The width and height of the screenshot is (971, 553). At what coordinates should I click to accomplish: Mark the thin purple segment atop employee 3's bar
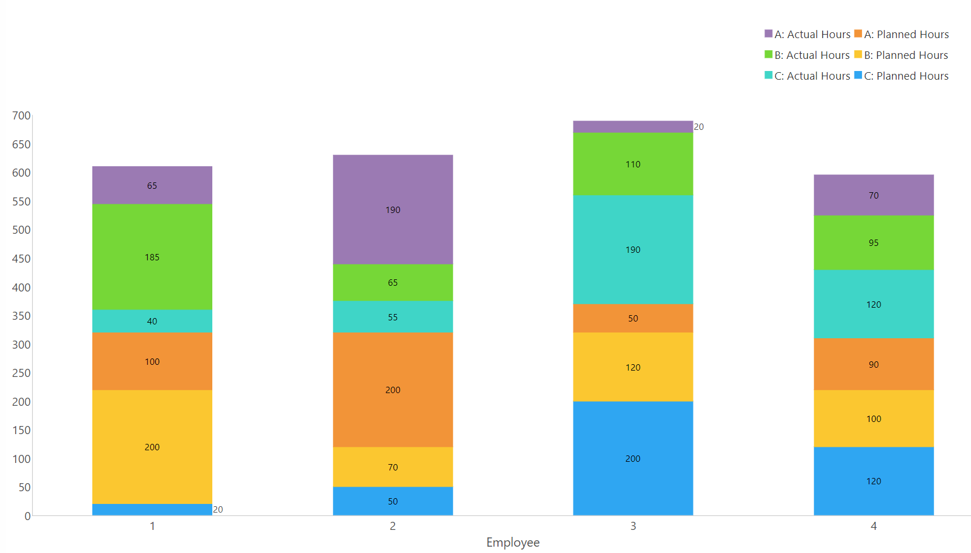(632, 127)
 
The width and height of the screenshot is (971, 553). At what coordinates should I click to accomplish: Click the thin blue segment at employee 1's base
(152, 510)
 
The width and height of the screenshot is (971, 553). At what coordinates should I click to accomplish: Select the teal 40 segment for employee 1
(152, 315)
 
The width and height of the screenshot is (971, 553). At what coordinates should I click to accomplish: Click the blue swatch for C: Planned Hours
(858, 75)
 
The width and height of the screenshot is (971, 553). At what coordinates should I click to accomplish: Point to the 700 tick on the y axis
(21, 115)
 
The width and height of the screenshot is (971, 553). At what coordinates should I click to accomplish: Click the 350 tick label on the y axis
(21, 316)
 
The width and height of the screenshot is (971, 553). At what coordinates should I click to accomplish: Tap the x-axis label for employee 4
(873, 526)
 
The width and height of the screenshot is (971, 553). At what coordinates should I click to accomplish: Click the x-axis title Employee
(513, 543)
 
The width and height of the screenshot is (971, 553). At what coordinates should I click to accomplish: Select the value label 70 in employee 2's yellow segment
(392, 468)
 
